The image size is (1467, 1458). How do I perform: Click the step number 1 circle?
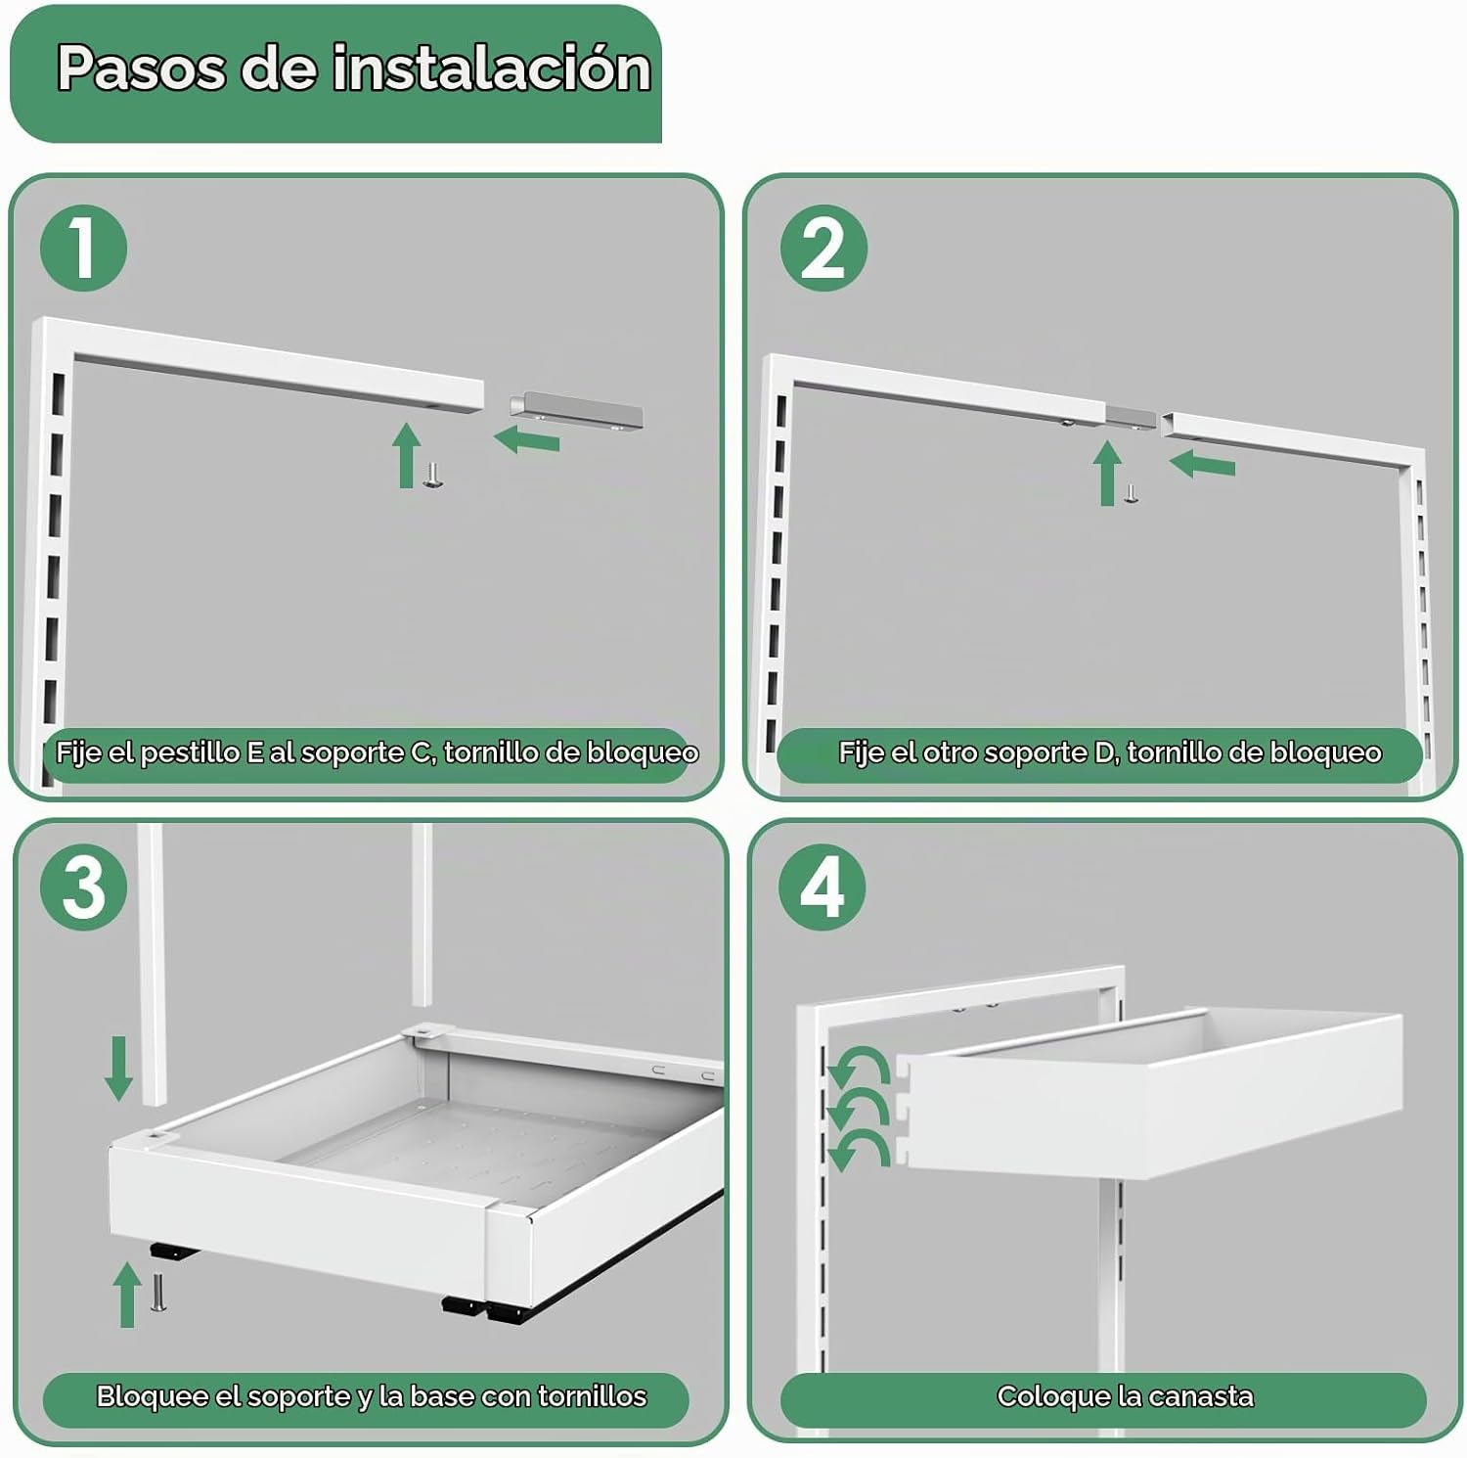point(84,248)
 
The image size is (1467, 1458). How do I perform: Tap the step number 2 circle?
point(823,248)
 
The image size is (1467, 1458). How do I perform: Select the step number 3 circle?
point(84,887)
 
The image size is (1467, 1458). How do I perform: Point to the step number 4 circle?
point(822,887)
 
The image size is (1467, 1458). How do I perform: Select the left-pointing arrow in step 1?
point(526,439)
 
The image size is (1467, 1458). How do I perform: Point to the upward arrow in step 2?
point(1107,473)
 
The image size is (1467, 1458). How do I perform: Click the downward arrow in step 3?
point(119,1069)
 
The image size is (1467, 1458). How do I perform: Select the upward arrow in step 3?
point(127,1294)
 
